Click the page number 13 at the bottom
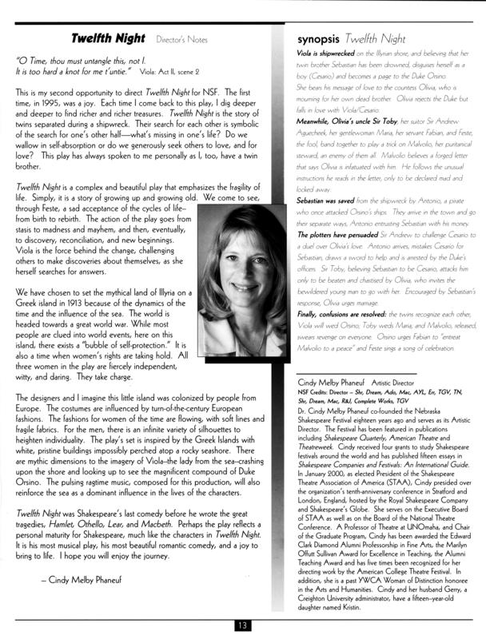tap(243, 625)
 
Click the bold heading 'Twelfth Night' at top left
tap(108, 38)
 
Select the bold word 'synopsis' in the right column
tap(320, 38)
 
